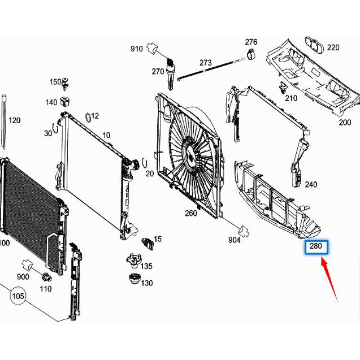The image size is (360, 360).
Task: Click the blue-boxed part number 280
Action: click(316, 246)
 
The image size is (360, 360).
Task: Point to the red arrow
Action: click(329, 279)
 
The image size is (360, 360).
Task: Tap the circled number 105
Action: click(18, 296)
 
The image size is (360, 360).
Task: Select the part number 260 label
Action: click(191, 213)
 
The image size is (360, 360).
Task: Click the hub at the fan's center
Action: click(190, 154)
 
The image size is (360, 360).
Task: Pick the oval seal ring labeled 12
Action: click(88, 118)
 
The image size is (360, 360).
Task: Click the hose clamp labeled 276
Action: click(251, 53)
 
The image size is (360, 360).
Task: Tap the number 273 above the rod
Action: click(206, 63)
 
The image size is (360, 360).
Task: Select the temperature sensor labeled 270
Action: click(170, 74)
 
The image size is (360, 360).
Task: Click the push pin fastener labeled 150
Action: click(65, 84)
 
